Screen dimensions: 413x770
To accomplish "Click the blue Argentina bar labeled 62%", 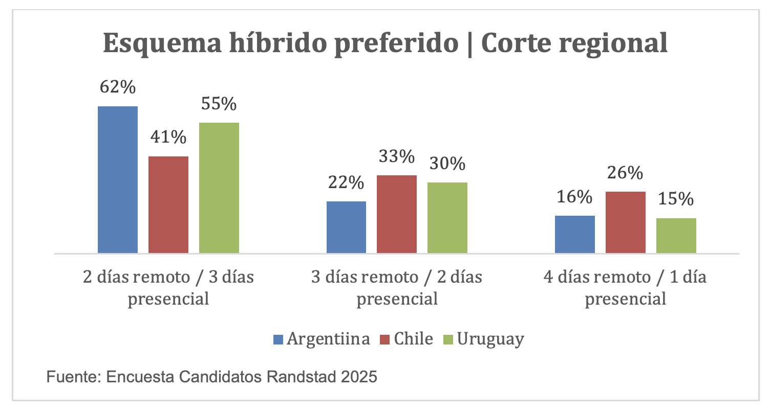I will (x=118, y=179).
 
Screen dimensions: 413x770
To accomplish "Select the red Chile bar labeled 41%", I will (x=168, y=204).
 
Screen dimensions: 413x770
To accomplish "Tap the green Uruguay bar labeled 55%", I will (x=219, y=188).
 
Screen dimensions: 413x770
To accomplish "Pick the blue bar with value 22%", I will (x=346, y=227).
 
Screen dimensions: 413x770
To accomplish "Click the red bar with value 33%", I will (x=397, y=214).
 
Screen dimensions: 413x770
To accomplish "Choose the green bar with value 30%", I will (x=447, y=218).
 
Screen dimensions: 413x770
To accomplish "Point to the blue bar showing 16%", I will (x=575, y=234).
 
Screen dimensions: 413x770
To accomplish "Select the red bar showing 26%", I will (x=626, y=222).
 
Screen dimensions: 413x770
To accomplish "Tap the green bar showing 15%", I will (x=676, y=236).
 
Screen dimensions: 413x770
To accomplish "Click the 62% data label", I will (x=118, y=87).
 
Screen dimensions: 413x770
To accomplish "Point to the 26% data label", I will (x=626, y=173).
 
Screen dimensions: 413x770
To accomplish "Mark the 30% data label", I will (x=447, y=164).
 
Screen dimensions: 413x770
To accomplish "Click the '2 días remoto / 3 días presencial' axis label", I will (x=168, y=288).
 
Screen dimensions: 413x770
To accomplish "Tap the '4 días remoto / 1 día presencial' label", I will (x=626, y=288).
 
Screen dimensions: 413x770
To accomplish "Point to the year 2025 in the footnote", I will (x=358, y=377).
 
